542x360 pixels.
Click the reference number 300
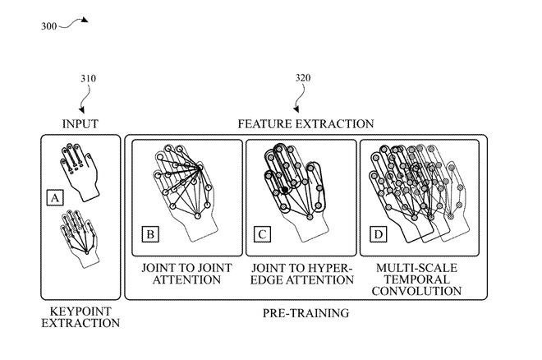point(48,26)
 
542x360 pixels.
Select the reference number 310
point(88,79)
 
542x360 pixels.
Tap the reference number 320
point(303,78)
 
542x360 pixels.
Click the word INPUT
point(80,124)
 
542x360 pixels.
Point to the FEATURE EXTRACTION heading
point(305,124)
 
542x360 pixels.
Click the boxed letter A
point(55,198)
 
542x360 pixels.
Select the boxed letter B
point(150,234)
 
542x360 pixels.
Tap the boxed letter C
point(262,234)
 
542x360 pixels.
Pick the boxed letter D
point(378,234)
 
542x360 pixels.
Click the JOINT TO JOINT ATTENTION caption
point(186,274)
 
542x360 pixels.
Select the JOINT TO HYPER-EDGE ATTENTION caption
point(301,274)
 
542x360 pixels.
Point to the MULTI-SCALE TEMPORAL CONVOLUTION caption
point(416,279)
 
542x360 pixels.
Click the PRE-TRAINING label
point(305,313)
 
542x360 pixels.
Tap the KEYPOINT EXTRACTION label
point(80,317)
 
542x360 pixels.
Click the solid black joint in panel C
point(285,190)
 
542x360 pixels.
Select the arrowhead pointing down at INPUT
point(82,110)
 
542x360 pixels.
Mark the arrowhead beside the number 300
point(85,20)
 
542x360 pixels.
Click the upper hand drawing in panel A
point(80,172)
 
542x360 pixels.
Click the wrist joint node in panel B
point(197,216)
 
